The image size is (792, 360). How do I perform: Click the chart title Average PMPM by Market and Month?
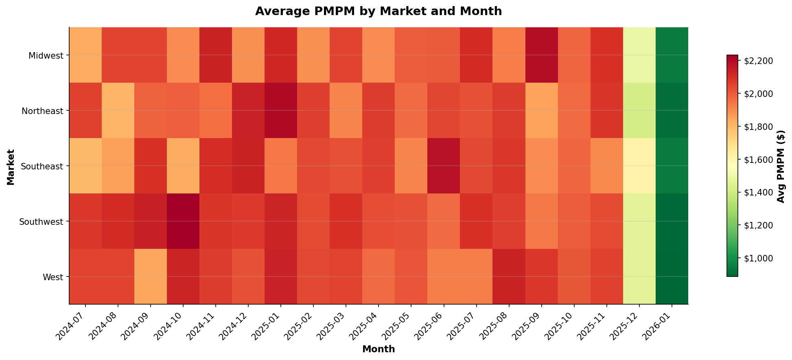point(378,11)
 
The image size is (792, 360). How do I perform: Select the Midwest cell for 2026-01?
point(672,55)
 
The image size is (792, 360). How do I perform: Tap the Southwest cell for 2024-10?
point(183,221)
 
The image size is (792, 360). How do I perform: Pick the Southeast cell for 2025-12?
point(639,166)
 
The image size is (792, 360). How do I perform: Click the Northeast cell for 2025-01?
point(281,110)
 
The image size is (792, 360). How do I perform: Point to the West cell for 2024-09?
point(151,277)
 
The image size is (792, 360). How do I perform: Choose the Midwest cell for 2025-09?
point(541,55)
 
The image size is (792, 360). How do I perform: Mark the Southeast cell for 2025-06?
point(444,166)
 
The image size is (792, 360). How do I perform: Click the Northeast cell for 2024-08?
point(118,110)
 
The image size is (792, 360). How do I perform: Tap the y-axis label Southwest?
point(42,222)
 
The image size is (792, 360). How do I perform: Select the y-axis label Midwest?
point(46,55)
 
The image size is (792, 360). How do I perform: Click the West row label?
point(53,277)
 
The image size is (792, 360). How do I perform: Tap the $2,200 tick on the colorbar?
point(758,61)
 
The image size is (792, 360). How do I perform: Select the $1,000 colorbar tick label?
point(758,258)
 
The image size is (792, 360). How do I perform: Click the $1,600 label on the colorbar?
point(758,160)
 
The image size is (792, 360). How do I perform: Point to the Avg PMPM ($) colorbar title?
point(780,166)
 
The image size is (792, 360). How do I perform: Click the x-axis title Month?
point(378,349)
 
